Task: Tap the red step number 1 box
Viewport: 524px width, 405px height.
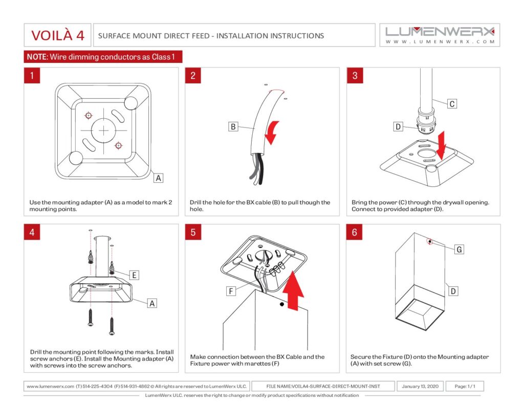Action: click(32, 76)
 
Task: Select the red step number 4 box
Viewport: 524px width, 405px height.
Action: click(32, 232)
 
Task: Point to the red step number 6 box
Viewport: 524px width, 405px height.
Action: click(355, 232)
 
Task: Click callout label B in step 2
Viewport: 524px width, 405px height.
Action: click(233, 126)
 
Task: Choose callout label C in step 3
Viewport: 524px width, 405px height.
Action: click(452, 104)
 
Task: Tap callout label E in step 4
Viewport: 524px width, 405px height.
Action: click(134, 275)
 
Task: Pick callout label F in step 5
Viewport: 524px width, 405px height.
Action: click(231, 291)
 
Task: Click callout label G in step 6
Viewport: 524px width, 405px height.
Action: click(459, 249)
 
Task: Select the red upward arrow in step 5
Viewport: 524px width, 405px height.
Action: click(294, 292)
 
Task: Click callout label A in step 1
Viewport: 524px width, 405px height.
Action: click(159, 178)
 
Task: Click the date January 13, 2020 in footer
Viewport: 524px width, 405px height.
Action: click(420, 386)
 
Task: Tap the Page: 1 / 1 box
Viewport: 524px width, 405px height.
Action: click(464, 386)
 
